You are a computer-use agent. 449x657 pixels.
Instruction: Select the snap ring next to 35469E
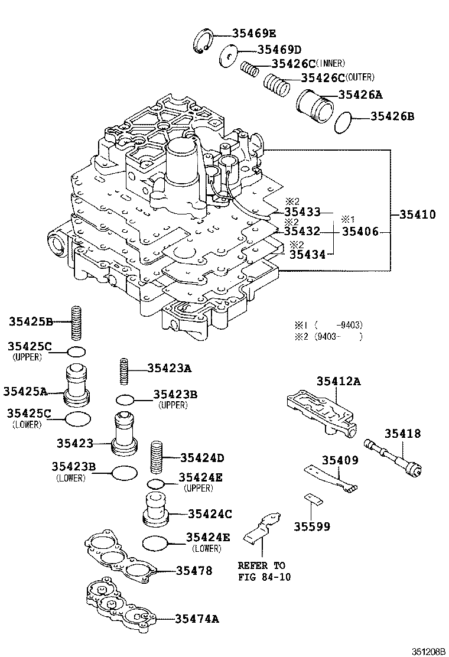204,41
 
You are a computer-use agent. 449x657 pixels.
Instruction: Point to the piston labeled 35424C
157,509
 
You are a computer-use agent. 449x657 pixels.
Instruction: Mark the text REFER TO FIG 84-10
261,571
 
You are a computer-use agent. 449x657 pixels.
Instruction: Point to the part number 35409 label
340,460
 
